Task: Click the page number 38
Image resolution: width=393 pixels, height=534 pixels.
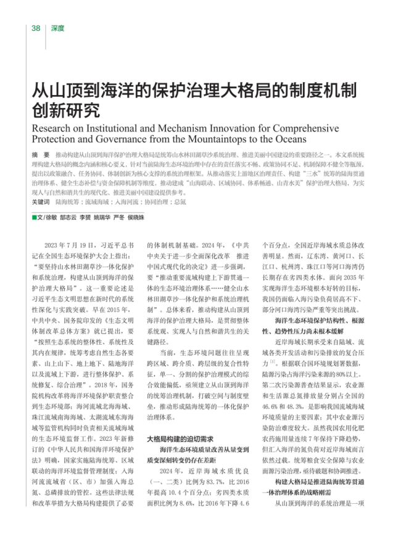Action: click(36, 28)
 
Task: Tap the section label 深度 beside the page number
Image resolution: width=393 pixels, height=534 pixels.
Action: click(57, 28)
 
